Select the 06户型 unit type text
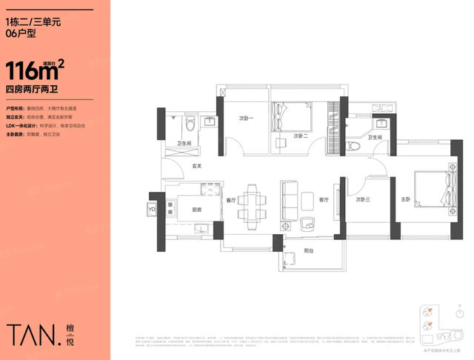tap(21, 33)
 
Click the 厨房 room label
tap(198, 210)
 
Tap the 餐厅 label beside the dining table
tap(230, 200)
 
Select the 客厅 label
tap(324, 200)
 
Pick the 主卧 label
tap(405, 200)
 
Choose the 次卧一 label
tap(246, 119)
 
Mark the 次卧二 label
tap(299, 136)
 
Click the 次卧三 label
tap(362, 200)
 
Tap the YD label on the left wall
tap(153, 209)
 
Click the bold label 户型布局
tap(15, 108)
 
